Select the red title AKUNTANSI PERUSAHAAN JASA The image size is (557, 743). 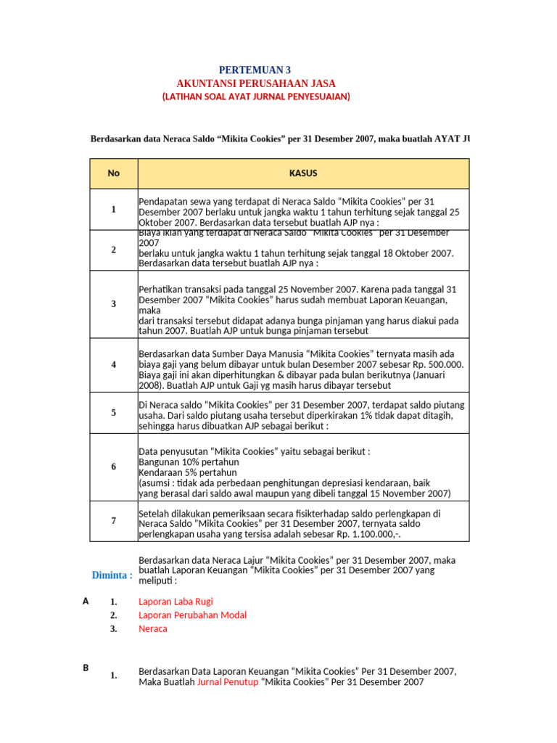(x=256, y=83)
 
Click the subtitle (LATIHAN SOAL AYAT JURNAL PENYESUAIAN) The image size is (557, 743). (x=255, y=97)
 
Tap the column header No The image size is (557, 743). (x=113, y=173)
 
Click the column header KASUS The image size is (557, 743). (x=303, y=173)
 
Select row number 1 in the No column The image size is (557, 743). (x=113, y=210)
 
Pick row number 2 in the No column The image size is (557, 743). (x=113, y=250)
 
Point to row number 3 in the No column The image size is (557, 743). (x=113, y=304)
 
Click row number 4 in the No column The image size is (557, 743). (x=113, y=364)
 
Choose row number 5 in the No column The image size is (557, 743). (x=113, y=413)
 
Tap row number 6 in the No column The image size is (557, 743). (x=113, y=467)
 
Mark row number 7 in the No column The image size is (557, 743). (x=113, y=520)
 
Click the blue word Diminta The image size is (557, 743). (x=112, y=575)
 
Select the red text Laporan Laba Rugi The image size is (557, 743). (x=176, y=602)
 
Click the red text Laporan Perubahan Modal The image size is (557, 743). (x=192, y=615)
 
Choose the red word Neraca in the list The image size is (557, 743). (x=152, y=629)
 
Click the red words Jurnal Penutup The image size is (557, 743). (x=227, y=683)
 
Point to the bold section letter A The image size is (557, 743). (x=86, y=601)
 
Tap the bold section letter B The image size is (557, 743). (x=86, y=668)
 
